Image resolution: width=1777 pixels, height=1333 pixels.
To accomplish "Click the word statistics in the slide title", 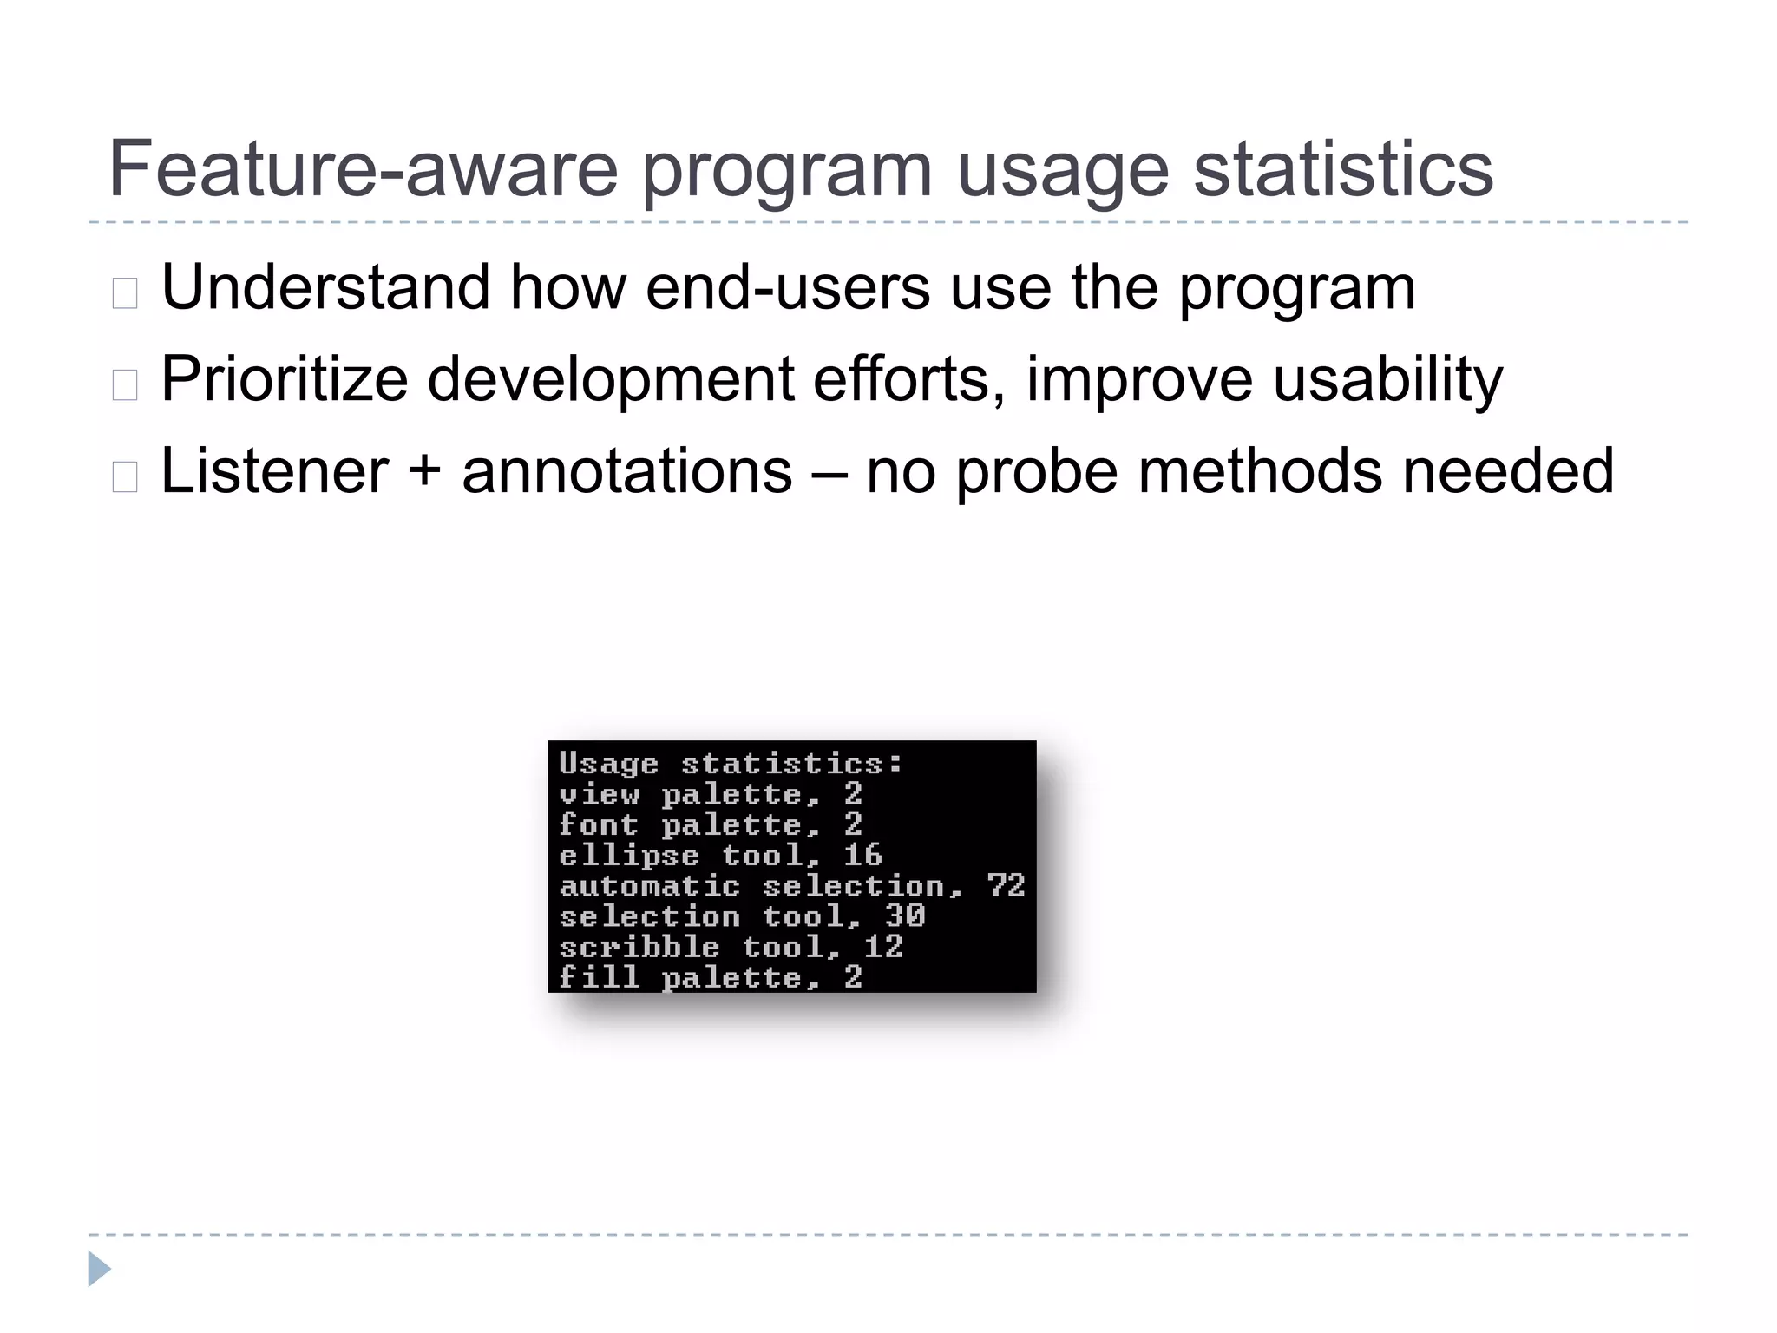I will pyautogui.click(x=1343, y=169).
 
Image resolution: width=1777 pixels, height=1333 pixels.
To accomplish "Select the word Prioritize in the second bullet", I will pyautogui.click(x=284, y=380).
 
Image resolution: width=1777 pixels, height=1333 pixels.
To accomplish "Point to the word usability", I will pyautogui.click(x=1387, y=380).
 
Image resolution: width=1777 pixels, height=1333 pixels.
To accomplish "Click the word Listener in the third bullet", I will pyautogui.click(x=274, y=471).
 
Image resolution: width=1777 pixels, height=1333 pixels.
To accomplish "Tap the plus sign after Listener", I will pyautogui.click(x=424, y=473).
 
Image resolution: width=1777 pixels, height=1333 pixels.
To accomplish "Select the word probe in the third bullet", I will pyautogui.click(x=1036, y=473).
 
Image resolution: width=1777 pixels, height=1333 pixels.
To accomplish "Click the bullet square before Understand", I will pyautogui.click(x=125, y=293).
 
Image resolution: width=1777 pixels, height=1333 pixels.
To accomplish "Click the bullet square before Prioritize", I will pyautogui.click(x=125, y=384).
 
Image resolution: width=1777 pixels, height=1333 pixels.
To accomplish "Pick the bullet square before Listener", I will pyautogui.click(x=125, y=476).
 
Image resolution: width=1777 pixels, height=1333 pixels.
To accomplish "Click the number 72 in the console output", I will pyautogui.click(x=1006, y=885).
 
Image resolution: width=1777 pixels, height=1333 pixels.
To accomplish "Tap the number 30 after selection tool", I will pyautogui.click(x=905, y=916).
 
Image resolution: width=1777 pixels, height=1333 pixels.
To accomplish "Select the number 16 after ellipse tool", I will pyautogui.click(x=862, y=855).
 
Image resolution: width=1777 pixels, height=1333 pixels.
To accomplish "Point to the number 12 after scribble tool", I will pyautogui.click(x=883, y=946).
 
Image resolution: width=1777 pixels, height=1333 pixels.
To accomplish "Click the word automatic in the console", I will pyautogui.click(x=649, y=885).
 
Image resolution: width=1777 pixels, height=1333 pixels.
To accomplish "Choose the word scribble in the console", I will pyautogui.click(x=639, y=946).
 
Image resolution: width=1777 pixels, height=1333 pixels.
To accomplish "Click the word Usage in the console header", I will pyautogui.click(x=608, y=764).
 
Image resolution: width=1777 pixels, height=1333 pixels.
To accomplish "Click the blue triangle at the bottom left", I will pyautogui.click(x=98, y=1269).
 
